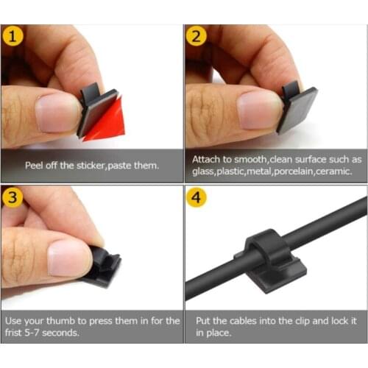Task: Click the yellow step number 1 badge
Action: pos(13,37)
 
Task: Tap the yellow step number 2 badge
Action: pos(196,37)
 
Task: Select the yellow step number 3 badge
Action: pos(13,197)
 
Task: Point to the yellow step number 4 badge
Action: pos(196,197)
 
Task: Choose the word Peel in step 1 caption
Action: pos(36,166)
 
